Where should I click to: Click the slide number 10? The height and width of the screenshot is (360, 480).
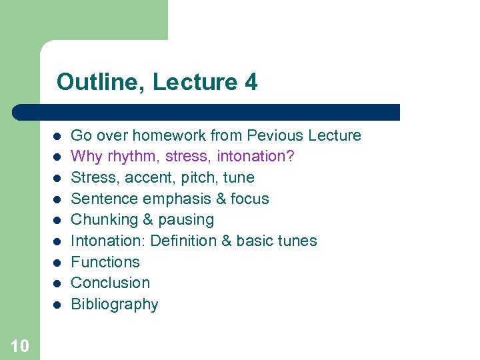[20, 345]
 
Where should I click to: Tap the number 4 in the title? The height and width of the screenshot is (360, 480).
[251, 82]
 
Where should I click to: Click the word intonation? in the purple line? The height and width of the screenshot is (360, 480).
[257, 157]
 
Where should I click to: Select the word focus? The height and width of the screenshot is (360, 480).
[250, 199]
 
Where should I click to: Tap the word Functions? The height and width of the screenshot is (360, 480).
[105, 262]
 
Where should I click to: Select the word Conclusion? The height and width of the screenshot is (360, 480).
[110, 283]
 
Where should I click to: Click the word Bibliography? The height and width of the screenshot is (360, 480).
[115, 304]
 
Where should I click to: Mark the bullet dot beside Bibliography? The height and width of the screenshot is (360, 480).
[57, 305]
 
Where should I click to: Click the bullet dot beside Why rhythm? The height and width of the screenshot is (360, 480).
[57, 157]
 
